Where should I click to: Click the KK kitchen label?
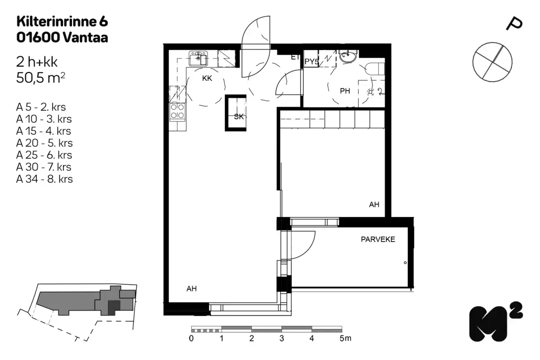[207, 78]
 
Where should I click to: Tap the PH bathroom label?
[345, 91]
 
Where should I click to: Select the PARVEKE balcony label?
[378, 239]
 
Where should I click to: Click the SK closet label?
[238, 117]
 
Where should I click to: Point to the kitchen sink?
[198, 58]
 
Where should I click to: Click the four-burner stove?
[177, 111]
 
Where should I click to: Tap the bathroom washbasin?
[347, 57]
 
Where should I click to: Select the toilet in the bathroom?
[374, 69]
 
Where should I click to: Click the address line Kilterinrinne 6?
[62, 21]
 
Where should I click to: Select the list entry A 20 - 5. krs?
[45, 143]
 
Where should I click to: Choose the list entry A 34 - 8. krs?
[45, 179]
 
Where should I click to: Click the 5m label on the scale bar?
[345, 338]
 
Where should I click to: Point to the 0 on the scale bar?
[192, 338]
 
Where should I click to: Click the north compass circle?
[492, 62]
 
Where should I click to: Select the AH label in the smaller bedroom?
[374, 204]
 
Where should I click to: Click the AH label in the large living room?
[192, 288]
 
